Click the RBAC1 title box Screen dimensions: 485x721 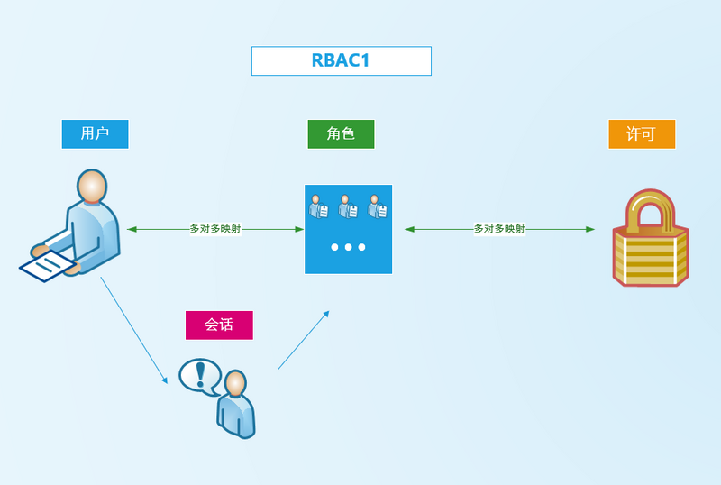point(341,60)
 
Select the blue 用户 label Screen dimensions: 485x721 point(95,133)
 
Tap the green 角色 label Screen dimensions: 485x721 point(340,133)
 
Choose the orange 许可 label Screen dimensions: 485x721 point(641,133)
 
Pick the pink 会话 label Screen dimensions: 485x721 point(219,325)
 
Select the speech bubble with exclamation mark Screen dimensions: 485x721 point(199,375)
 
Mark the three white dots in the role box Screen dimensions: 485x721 point(348,246)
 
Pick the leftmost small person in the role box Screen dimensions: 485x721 point(317,206)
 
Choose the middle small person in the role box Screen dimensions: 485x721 point(347,206)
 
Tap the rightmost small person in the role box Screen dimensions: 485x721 point(377,206)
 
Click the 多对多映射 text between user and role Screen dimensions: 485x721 point(215,229)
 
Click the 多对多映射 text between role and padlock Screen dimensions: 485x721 point(499,229)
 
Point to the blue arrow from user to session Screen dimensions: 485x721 point(133,329)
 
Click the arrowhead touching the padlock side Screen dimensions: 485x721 point(590,229)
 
